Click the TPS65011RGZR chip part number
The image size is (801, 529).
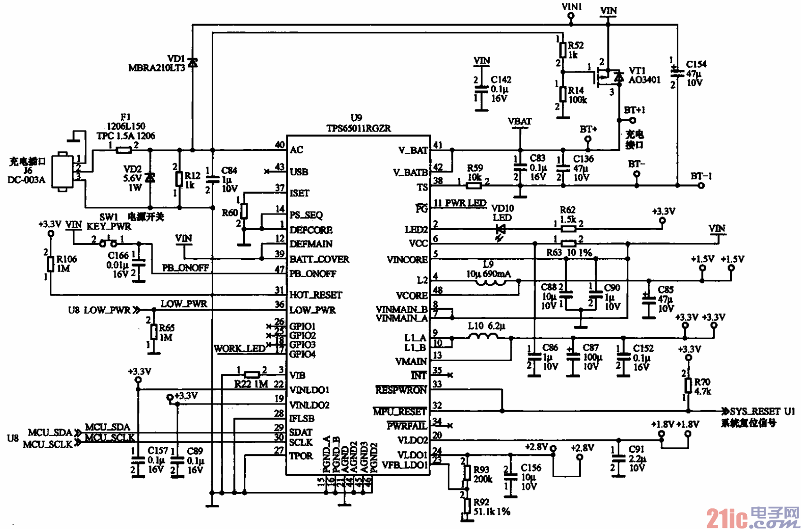358,128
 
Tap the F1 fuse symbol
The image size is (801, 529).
124,150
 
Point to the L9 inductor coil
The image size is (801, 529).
491,282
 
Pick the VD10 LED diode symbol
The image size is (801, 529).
500,230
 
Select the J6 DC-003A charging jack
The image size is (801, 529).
62,172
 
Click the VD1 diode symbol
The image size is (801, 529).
192,63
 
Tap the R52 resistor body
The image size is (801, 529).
562,50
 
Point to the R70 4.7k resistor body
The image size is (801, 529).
688,385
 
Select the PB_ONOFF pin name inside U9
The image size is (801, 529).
312,274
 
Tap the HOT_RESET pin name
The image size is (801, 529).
315,295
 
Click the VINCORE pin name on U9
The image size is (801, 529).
407,260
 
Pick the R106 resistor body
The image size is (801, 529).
50,264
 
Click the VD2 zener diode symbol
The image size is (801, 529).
150,178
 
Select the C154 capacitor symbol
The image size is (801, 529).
677,73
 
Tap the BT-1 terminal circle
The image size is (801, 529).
701,185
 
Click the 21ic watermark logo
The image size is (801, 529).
752,518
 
